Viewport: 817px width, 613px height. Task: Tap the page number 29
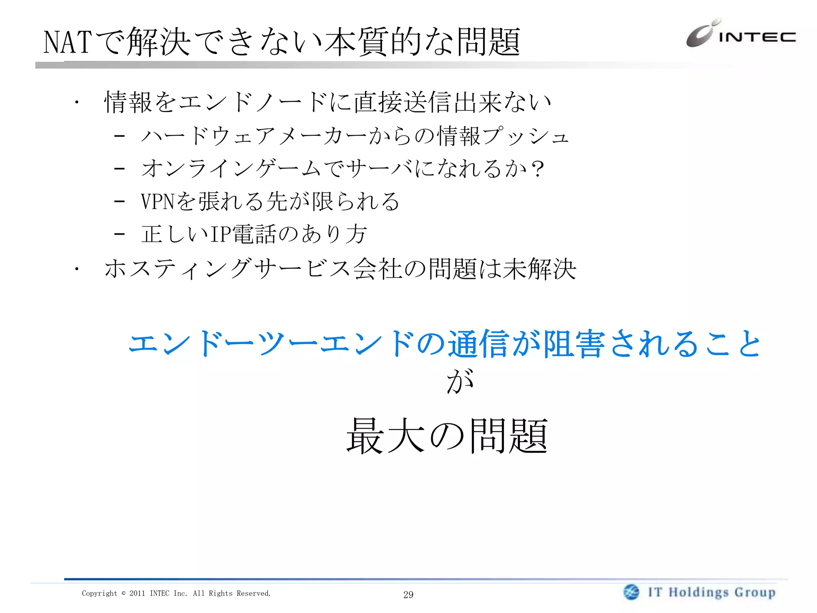click(408, 595)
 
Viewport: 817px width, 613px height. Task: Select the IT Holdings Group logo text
click(712, 592)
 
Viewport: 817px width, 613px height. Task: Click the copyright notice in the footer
click(176, 593)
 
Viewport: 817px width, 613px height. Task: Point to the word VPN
click(158, 201)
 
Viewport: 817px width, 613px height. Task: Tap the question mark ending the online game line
click(537, 169)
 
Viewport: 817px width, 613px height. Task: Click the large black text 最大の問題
click(447, 436)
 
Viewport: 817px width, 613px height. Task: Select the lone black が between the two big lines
click(460, 381)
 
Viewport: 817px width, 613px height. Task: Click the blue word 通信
click(478, 344)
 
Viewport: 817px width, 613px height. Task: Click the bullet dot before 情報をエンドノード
click(76, 103)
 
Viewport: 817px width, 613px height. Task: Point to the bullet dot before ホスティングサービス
click(76, 269)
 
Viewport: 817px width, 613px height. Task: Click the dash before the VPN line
click(119, 201)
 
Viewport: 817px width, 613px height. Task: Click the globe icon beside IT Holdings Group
click(631, 592)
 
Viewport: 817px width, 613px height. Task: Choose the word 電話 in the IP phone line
click(254, 234)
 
